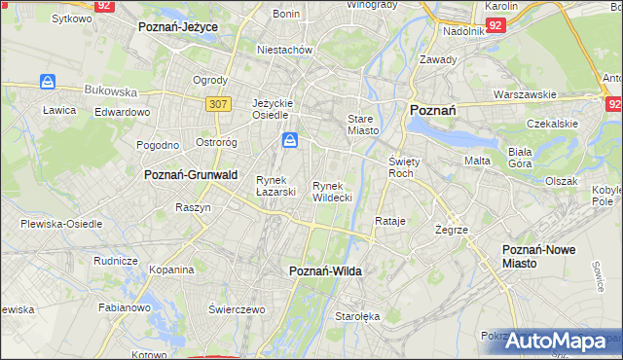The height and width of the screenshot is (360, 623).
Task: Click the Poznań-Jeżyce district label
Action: click(178, 27)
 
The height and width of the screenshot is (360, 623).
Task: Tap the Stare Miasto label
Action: click(361, 124)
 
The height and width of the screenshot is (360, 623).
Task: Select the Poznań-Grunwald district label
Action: click(191, 175)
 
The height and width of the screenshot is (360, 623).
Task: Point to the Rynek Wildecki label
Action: click(332, 191)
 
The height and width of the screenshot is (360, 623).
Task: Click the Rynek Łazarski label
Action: click(275, 185)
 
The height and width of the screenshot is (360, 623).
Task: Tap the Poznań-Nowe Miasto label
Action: click(538, 256)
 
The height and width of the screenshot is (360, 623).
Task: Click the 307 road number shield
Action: click(218, 103)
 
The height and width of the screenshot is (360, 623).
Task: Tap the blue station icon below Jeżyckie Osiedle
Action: click(290, 142)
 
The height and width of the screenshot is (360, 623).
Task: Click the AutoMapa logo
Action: click(555, 341)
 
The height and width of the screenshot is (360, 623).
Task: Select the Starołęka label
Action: click(356, 317)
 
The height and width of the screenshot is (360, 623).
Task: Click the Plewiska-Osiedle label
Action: click(61, 223)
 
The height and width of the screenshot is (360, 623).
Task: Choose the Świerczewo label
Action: click(237, 308)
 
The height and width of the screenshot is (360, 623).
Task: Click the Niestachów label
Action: click(283, 49)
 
